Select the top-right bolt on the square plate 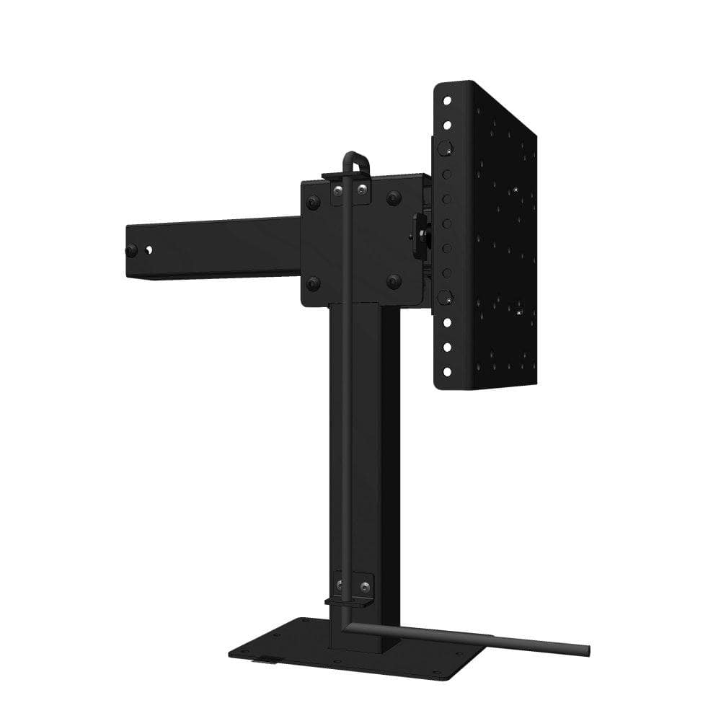pyautogui.click(x=394, y=198)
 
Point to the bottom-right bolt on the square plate pyautogui.click(x=394, y=281)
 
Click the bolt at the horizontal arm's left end pyautogui.click(x=131, y=251)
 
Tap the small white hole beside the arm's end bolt pyautogui.click(x=149, y=250)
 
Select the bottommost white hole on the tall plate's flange pyautogui.click(x=447, y=371)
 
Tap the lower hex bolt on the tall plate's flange pyautogui.click(x=445, y=297)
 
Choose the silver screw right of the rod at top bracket pyautogui.click(x=361, y=190)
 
